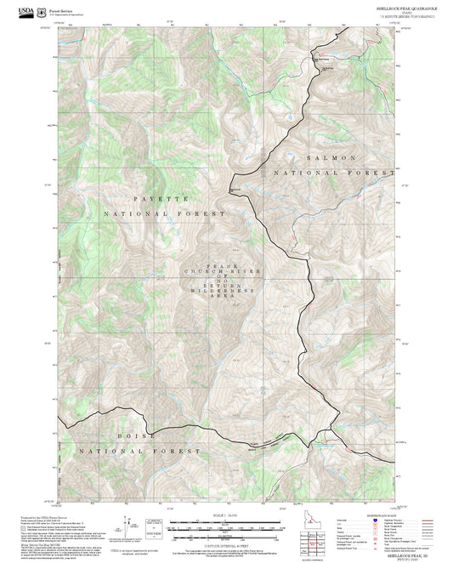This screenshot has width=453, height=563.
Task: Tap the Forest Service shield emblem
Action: (41, 9)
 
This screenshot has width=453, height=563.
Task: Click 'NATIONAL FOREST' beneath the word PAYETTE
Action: (165, 213)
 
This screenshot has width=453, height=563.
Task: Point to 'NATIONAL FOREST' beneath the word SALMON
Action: (337, 173)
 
